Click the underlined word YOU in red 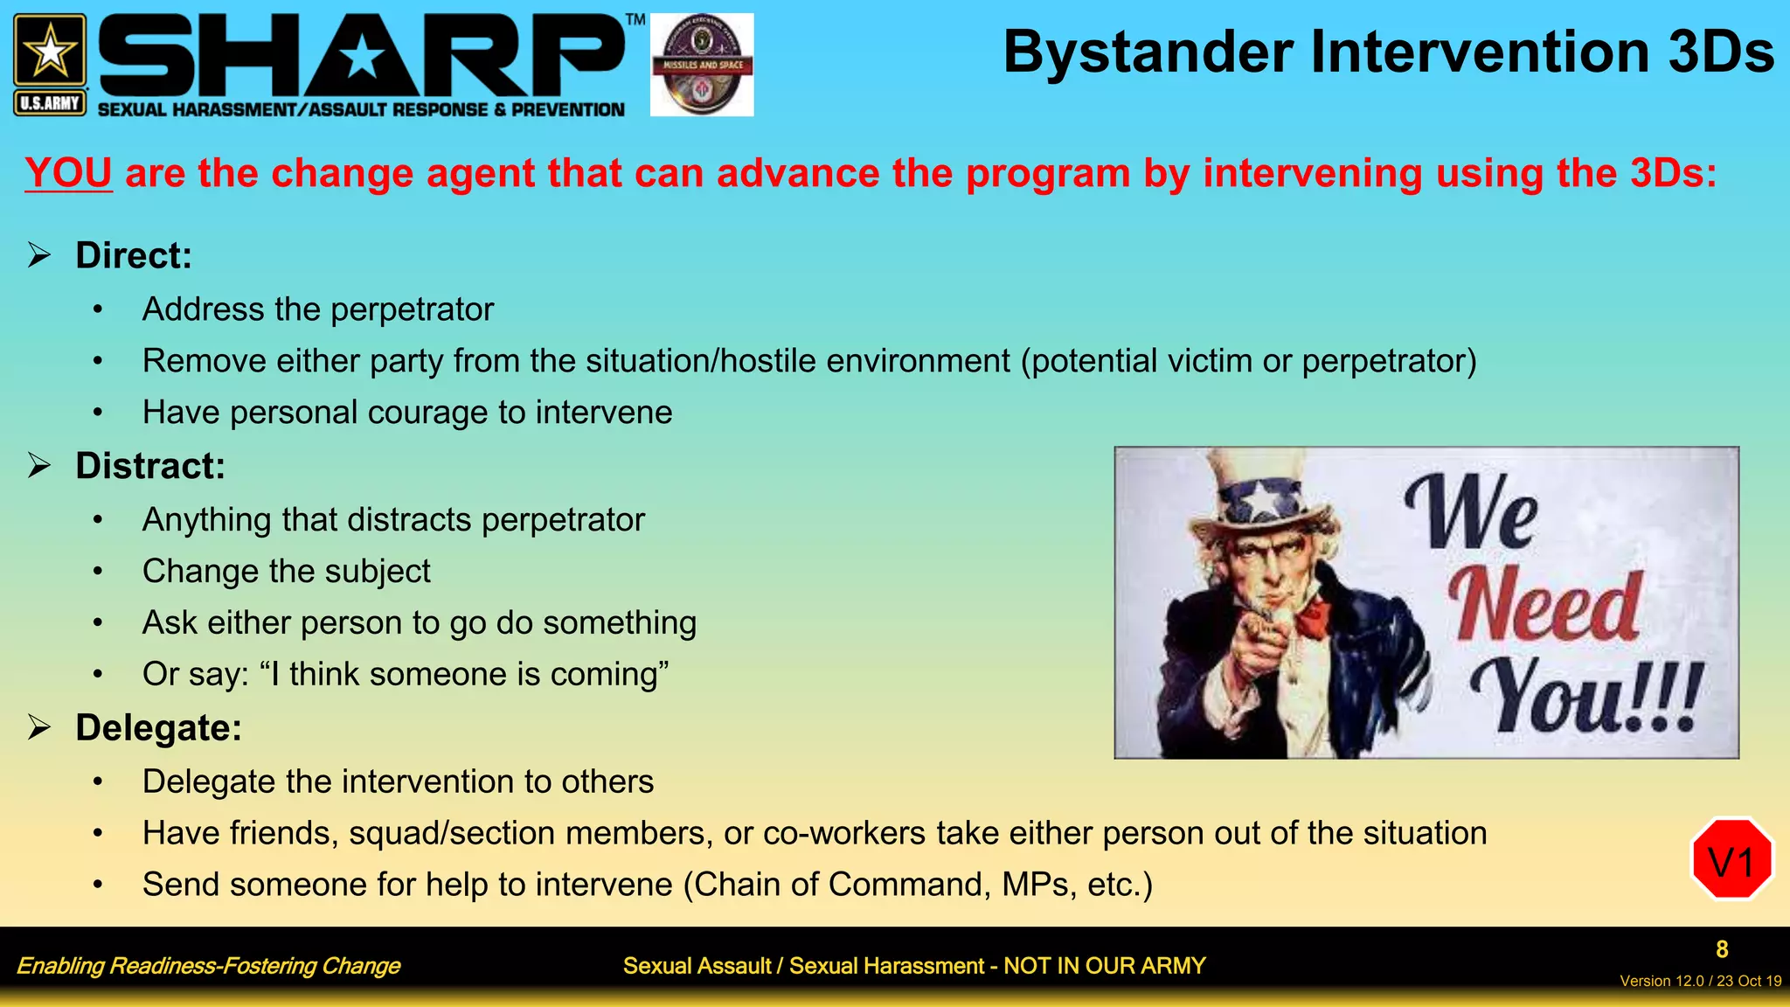pyautogui.click(x=68, y=173)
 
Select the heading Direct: pyautogui.click(x=133, y=256)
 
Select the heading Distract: pyautogui.click(x=149, y=466)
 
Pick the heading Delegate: pyautogui.click(x=158, y=728)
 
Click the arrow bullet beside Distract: pyautogui.click(x=39, y=465)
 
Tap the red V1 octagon pyautogui.click(x=1731, y=860)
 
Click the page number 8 pyautogui.click(x=1721, y=949)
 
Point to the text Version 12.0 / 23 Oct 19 pyautogui.click(x=1700, y=982)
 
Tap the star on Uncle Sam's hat pyautogui.click(x=1261, y=500)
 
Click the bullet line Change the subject pyautogui.click(x=286, y=572)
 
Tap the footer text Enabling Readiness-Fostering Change pyautogui.click(x=208, y=966)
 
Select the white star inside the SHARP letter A pyautogui.click(x=362, y=59)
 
